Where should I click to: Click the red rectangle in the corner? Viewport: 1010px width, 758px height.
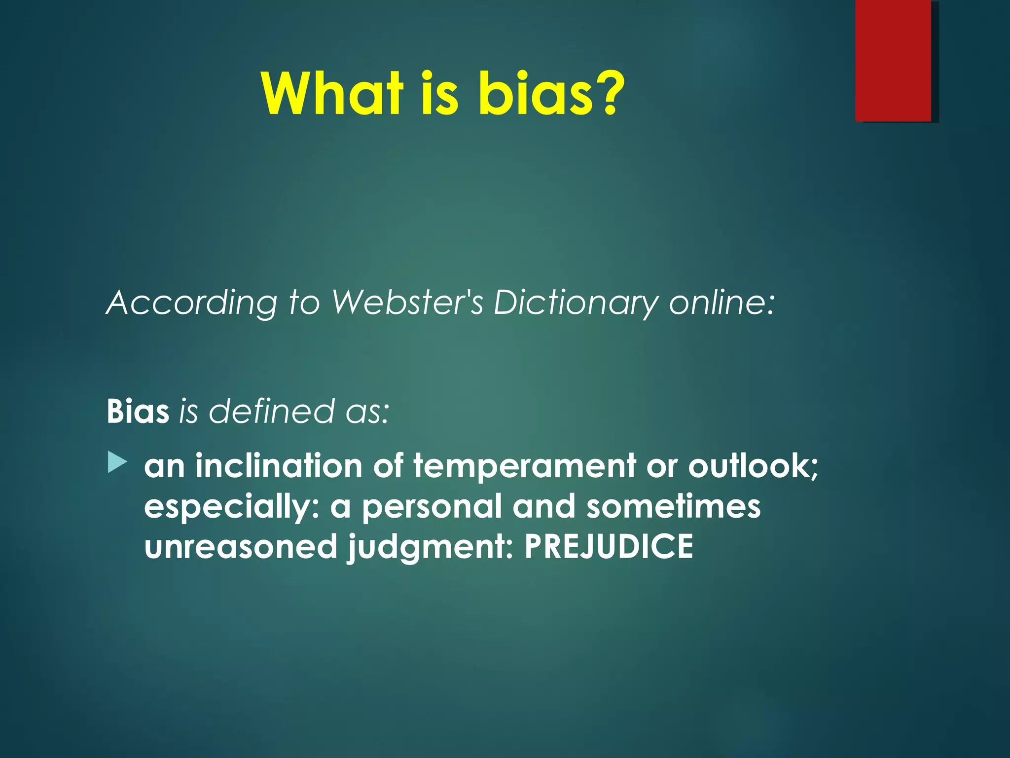pyautogui.click(x=893, y=60)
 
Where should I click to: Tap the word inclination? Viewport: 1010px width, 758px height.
pyautogui.click(x=279, y=466)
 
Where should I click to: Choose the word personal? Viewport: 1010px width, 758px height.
pyautogui.click(x=432, y=507)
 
